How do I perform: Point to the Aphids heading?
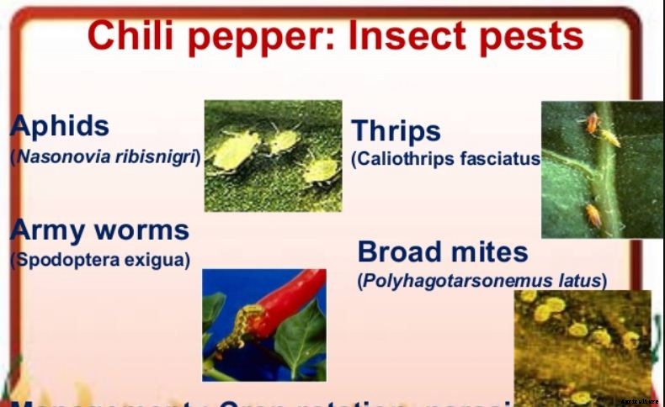point(60,126)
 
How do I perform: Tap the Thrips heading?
point(396,131)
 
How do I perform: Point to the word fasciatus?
point(496,159)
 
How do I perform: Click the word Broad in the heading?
point(399,251)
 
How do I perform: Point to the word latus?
point(579,280)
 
